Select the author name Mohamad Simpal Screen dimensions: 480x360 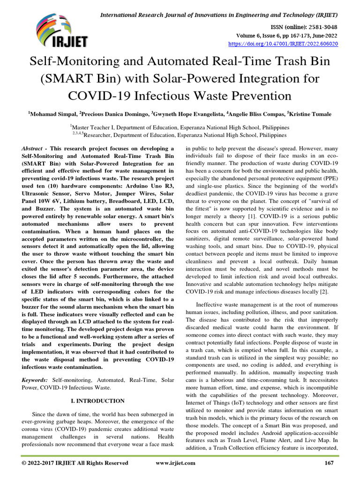(x=52, y=113)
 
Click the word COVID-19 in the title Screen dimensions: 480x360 (x=99, y=96)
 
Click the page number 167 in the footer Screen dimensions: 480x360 (x=329, y=463)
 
